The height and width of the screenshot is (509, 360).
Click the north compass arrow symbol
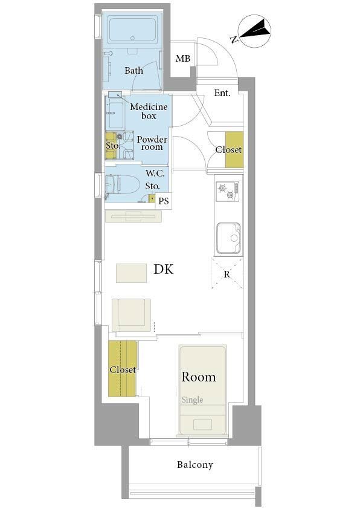tap(255, 31)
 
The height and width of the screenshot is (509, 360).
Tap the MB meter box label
tap(183, 59)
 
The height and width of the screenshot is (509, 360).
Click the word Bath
tap(133, 70)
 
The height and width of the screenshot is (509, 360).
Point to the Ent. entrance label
tap(222, 93)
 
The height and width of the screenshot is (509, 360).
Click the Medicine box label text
tap(149, 111)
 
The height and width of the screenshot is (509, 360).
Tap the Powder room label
tap(152, 143)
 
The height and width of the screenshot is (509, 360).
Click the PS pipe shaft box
tap(164, 201)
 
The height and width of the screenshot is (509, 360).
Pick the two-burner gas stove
tap(228, 191)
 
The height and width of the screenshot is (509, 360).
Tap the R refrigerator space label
tap(227, 274)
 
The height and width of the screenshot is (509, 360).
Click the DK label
tap(164, 269)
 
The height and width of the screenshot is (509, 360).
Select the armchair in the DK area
tap(131, 315)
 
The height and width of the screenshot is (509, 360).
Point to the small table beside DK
tap(131, 273)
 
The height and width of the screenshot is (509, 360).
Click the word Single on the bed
tap(192, 400)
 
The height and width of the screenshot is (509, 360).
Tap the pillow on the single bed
tap(203, 424)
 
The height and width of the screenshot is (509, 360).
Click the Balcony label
tap(195, 465)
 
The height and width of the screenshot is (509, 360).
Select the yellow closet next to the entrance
tap(234, 150)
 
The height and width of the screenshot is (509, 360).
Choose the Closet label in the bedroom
tap(123, 369)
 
